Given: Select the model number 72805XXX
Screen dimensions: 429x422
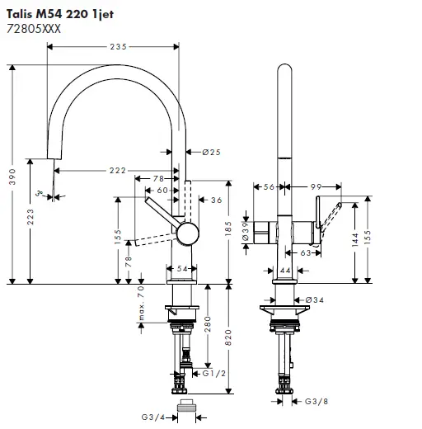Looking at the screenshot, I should pos(35,28).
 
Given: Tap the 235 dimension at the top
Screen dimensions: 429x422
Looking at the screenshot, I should pos(118,47).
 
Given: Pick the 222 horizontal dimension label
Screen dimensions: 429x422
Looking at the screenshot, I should pos(117,170).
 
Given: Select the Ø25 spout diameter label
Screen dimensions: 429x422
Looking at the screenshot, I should pos(211,152).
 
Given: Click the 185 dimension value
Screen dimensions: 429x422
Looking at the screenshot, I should pos(227,231).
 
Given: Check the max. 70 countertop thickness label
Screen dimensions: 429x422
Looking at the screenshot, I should pos(141,306).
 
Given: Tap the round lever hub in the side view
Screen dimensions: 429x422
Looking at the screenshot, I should pos(186,233).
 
